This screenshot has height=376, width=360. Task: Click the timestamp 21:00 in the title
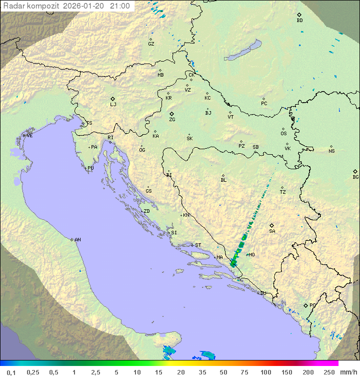119,6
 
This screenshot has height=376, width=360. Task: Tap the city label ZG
172,120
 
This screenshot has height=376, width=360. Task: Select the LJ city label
113,105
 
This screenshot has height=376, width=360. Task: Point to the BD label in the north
299,21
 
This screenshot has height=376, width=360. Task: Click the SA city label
272,231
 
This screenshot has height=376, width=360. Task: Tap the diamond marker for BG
355,171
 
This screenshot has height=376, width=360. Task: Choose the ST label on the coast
198,245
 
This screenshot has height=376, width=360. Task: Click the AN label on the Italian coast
77,240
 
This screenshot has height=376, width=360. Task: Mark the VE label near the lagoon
29,136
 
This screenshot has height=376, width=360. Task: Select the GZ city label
151,44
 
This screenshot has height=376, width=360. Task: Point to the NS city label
331,151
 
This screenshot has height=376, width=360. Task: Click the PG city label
312,305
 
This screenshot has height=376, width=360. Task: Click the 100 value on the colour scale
265,372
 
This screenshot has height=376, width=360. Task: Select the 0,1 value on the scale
11,372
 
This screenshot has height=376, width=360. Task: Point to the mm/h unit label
347,372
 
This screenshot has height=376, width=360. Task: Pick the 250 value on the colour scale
328,372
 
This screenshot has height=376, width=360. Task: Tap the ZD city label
146,211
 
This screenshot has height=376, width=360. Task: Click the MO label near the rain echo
251,255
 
